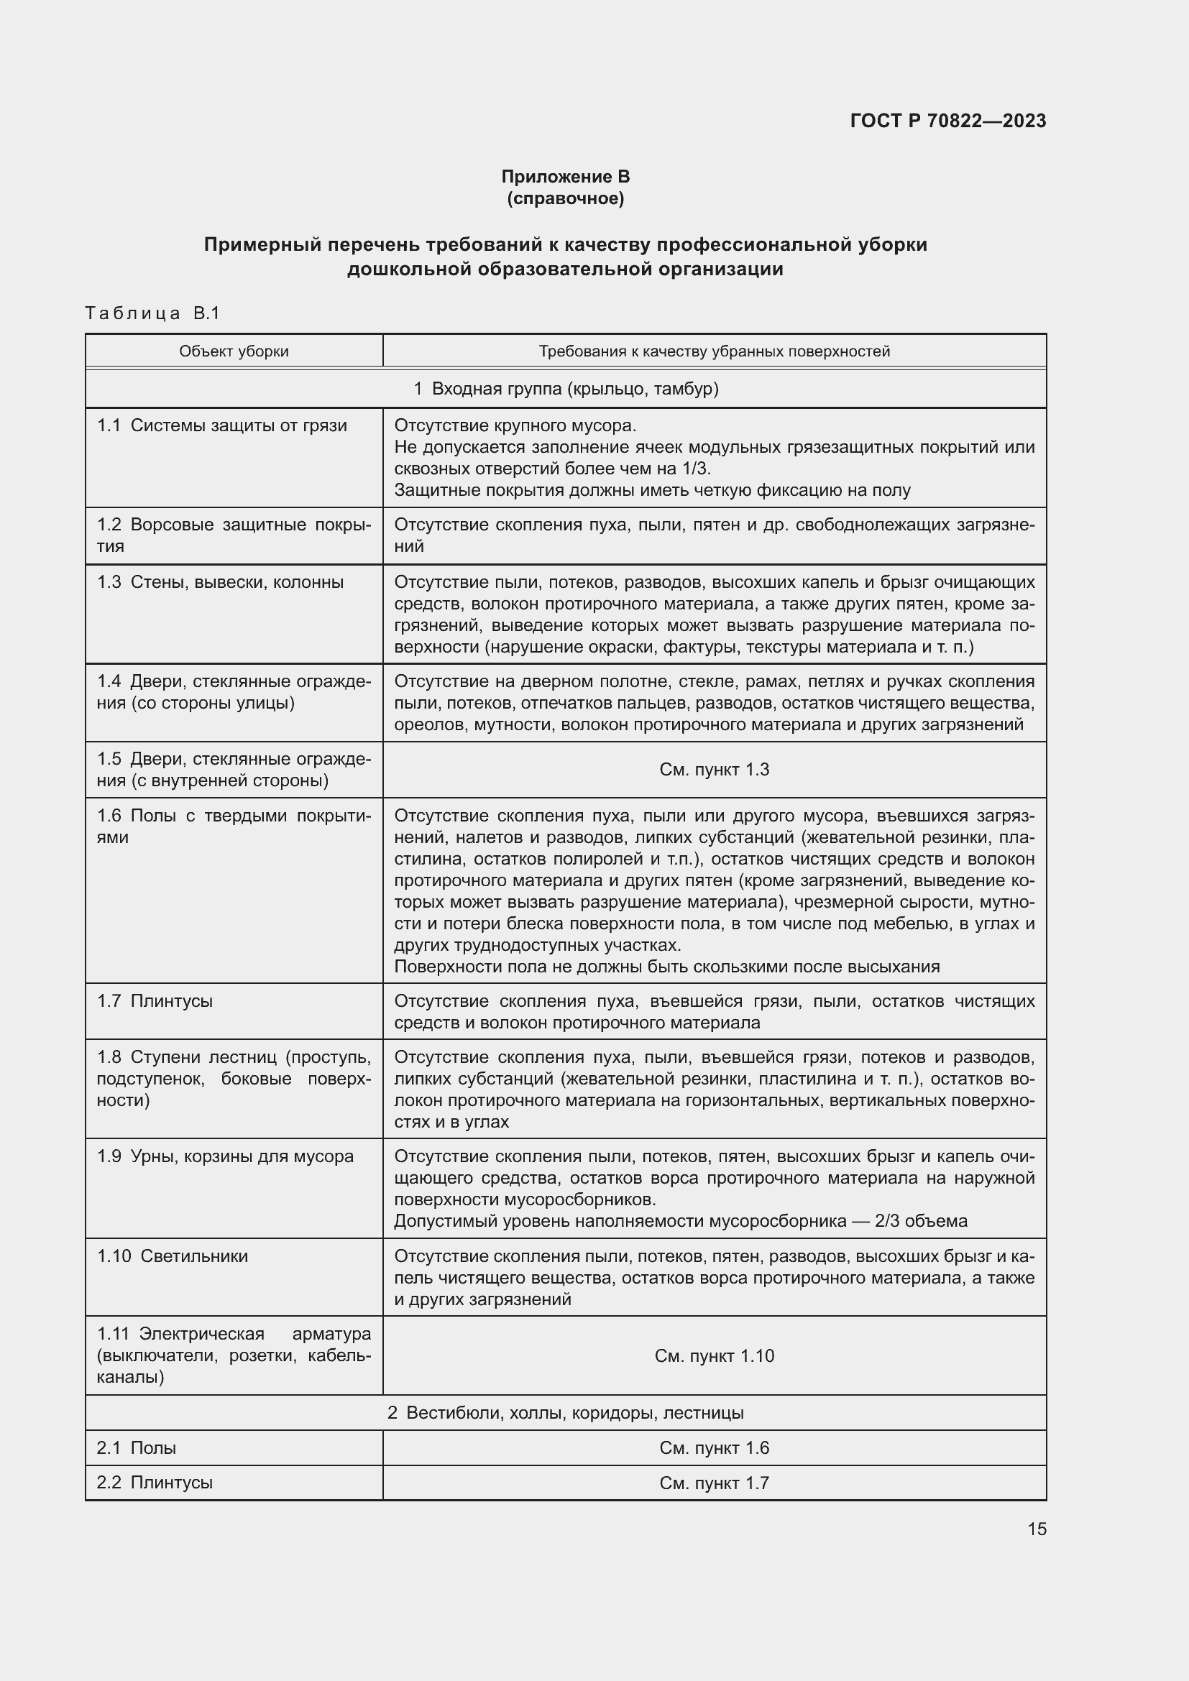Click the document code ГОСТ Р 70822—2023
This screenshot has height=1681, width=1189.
coord(947,121)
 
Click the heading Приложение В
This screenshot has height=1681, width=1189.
coord(565,177)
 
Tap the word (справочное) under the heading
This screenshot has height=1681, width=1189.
coord(565,198)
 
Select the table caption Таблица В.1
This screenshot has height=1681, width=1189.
coord(152,313)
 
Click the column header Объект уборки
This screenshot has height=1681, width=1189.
coord(234,351)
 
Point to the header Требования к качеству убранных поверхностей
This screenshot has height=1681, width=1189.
coord(714,351)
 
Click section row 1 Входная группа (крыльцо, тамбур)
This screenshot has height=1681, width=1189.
coord(565,389)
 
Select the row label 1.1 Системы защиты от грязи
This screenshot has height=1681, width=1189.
coord(222,425)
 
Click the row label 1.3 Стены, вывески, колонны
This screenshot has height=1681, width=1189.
coord(221,582)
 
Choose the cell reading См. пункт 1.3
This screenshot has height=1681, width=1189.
coord(714,770)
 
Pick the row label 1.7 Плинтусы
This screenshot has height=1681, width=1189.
coord(155,1001)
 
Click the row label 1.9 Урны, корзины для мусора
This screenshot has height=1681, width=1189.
coord(225,1156)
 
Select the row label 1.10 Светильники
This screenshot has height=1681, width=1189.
coord(172,1256)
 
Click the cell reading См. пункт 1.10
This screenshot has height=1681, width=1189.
coord(714,1356)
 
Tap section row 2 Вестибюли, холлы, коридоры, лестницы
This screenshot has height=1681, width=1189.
coord(565,1413)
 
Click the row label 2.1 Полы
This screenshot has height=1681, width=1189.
coord(136,1448)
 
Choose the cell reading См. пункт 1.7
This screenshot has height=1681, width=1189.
coord(714,1483)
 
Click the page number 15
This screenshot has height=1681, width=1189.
coord(1037,1529)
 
